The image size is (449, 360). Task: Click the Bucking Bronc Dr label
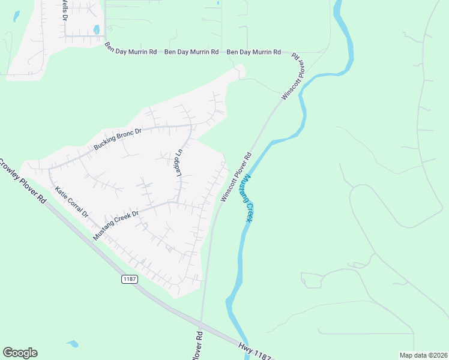pos(117,139)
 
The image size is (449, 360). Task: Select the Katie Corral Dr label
pos(71,202)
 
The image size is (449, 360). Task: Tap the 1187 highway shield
pos(130,279)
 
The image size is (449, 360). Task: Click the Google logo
pos(20,353)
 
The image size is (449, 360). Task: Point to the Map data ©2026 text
pos(423,355)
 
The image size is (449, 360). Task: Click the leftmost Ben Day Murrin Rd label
pos(131,52)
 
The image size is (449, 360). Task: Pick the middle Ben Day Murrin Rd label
pos(191,52)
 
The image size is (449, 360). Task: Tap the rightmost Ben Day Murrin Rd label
pos(254,52)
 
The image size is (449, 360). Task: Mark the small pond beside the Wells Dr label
pos(96,29)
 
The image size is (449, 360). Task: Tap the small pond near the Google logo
pos(73,344)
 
